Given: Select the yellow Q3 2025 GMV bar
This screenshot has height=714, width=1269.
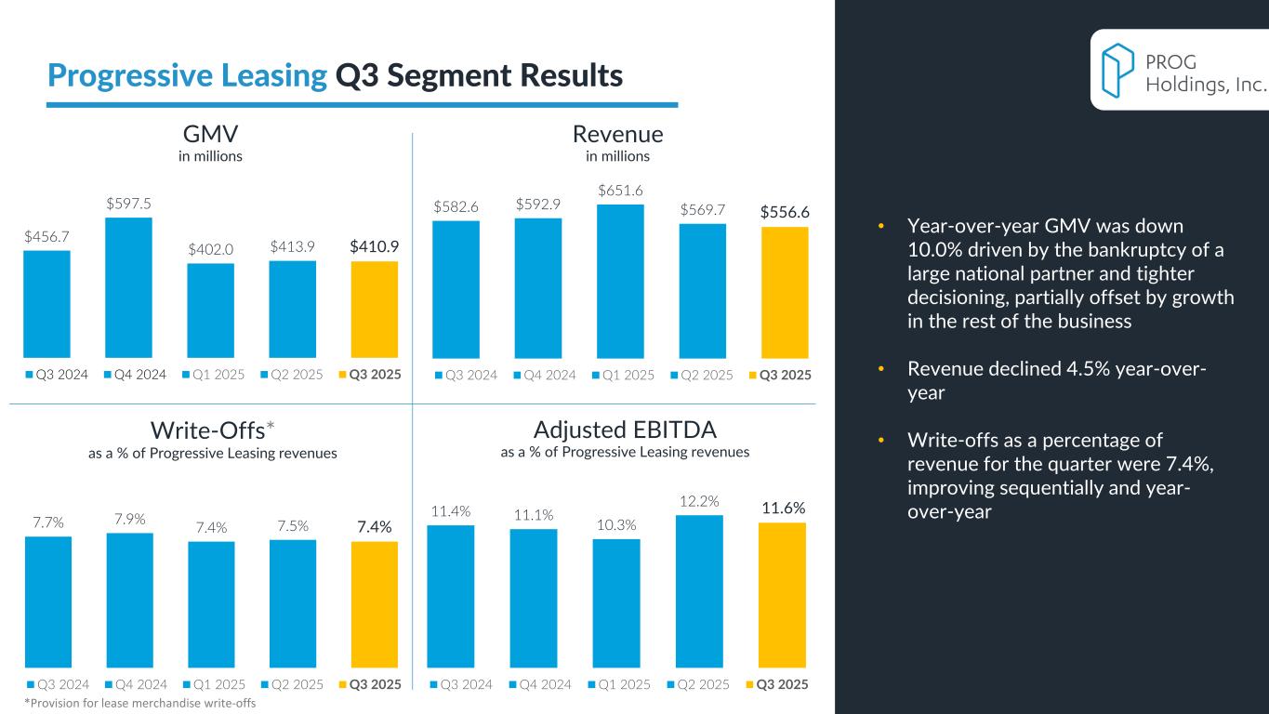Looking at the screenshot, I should (x=375, y=309).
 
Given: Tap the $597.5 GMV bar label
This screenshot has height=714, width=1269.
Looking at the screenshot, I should (x=129, y=203).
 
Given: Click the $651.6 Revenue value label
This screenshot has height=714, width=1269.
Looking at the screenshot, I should (x=620, y=191).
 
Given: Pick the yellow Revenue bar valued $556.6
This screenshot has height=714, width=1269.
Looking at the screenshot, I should (x=785, y=292).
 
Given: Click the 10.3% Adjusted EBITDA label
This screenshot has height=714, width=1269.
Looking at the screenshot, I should (x=615, y=525).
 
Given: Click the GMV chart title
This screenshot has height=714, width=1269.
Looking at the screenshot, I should (x=210, y=134).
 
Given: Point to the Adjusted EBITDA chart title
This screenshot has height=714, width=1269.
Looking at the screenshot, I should (x=625, y=430).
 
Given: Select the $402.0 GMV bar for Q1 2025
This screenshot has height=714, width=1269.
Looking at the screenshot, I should (x=210, y=311).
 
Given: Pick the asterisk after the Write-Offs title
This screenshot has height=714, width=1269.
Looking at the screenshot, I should (x=271, y=427).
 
